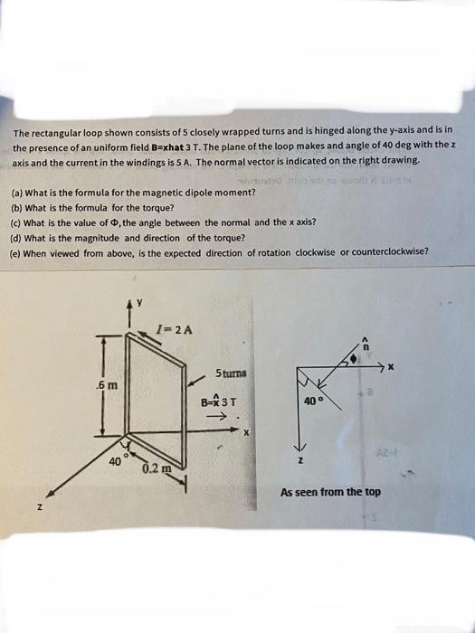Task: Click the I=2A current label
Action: pyautogui.click(x=172, y=326)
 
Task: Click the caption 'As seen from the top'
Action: pyautogui.click(x=330, y=492)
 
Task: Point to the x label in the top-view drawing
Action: pyautogui.click(x=391, y=367)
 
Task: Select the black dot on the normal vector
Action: pyautogui.click(x=353, y=360)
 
